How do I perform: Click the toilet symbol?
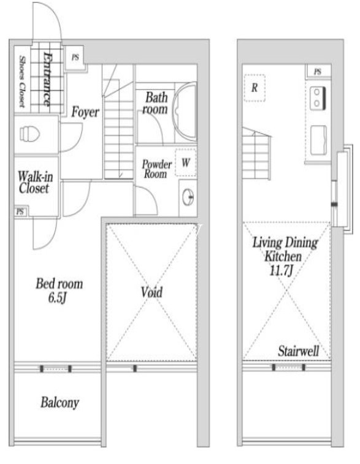(x=29, y=134)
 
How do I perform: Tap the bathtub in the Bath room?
(x=185, y=112)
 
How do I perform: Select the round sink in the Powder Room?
(x=188, y=197)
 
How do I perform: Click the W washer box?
(x=186, y=162)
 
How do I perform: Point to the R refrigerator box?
(x=255, y=88)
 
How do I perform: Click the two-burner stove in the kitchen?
(x=318, y=97)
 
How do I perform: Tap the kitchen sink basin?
(x=318, y=140)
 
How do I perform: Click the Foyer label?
(x=85, y=112)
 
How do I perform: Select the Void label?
(x=151, y=292)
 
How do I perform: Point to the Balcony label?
(x=60, y=403)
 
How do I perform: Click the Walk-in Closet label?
(x=35, y=183)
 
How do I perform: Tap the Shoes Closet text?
(x=21, y=82)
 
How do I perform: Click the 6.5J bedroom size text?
(x=57, y=298)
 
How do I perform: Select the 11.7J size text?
(x=281, y=270)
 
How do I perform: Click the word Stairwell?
(x=299, y=351)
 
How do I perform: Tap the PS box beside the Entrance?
(x=75, y=58)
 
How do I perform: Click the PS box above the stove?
(x=318, y=71)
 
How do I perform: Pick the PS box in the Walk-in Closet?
(x=20, y=211)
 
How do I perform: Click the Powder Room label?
(x=156, y=169)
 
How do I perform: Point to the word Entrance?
(x=47, y=79)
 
